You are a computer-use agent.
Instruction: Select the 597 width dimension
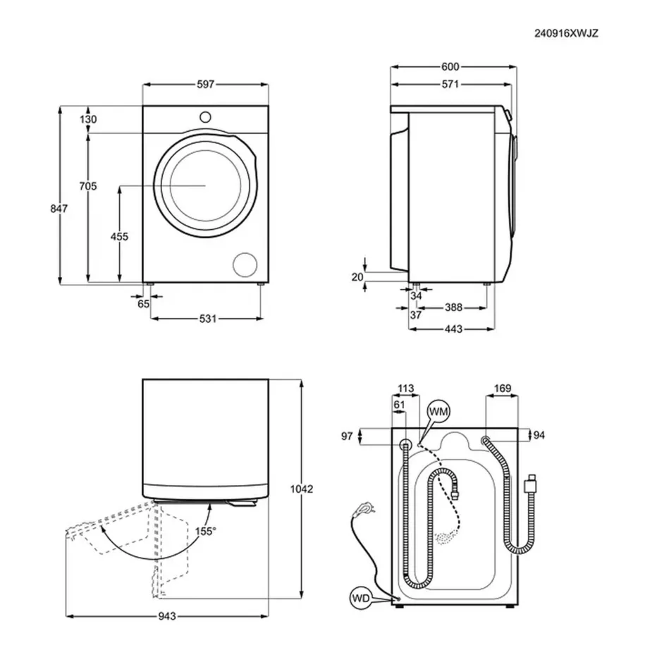coord(205,85)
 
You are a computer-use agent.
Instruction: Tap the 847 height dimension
coord(59,209)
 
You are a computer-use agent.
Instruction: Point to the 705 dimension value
coord(87,186)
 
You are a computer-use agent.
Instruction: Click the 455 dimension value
coord(120,237)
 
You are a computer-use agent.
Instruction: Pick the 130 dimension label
coord(88,120)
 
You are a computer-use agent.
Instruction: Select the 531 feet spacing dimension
coord(207,319)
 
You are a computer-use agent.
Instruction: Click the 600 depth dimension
coord(450,67)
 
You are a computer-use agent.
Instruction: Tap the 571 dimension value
coord(450,85)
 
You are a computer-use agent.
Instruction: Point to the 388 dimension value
coord(453,307)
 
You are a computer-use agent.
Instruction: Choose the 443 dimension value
coord(453,329)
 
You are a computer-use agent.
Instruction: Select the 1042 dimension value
coord(302,489)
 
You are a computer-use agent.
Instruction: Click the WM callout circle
coord(438,411)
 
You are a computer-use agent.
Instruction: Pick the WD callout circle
coord(360,599)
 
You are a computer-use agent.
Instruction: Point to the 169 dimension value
coord(503,388)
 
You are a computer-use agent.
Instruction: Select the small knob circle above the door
coord(205,116)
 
